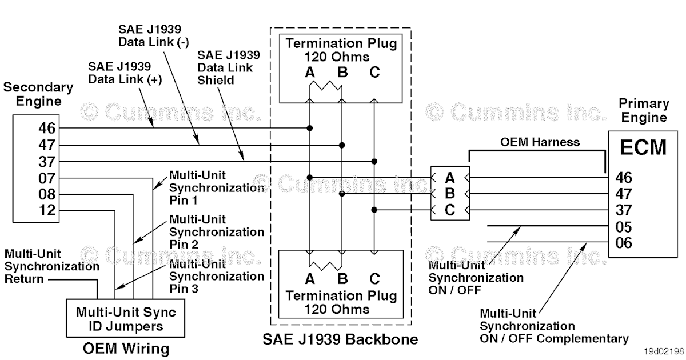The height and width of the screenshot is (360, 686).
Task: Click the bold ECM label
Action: [x=644, y=147]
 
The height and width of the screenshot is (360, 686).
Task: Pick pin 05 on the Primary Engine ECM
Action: [x=624, y=227]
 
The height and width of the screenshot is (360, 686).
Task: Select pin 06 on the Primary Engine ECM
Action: [x=624, y=243]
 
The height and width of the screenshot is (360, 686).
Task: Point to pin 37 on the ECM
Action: [x=624, y=210]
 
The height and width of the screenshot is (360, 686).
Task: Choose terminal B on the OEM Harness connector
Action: [x=450, y=193]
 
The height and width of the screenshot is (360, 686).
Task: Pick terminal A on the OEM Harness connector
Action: [x=450, y=177]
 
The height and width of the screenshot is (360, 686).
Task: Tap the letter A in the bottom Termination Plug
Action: [x=310, y=279]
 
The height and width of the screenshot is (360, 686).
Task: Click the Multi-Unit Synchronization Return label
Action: [x=51, y=266]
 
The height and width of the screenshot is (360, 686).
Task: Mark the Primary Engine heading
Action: [x=644, y=111]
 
